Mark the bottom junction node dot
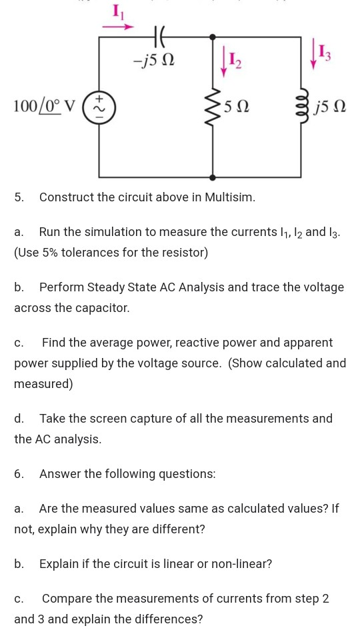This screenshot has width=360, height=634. coord(213,177)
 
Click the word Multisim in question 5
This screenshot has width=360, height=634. coord(230,197)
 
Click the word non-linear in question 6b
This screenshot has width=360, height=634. coord(239,564)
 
